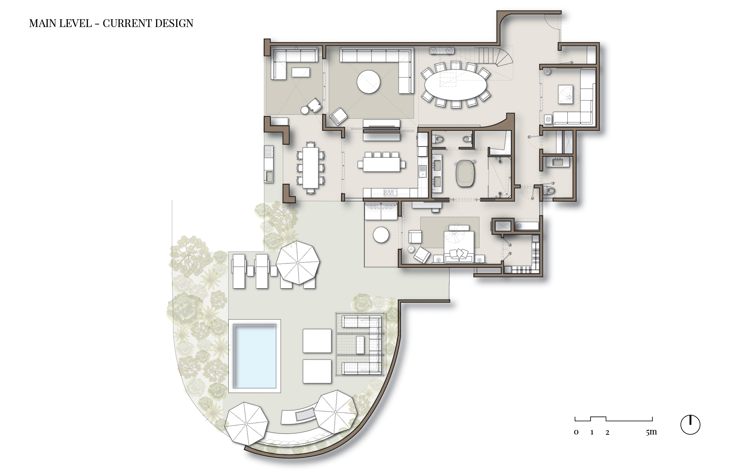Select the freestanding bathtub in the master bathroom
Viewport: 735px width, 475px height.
[x=465, y=173]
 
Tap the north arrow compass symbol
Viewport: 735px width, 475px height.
[x=690, y=425]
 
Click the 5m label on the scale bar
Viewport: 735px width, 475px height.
[x=651, y=432]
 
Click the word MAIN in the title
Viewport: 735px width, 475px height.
[x=43, y=23]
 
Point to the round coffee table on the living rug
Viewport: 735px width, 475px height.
[x=368, y=82]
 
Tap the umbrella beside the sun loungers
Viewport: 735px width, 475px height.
[x=298, y=262]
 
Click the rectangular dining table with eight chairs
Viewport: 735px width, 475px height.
[x=310, y=168]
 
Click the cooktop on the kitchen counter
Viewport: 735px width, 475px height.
[x=388, y=193]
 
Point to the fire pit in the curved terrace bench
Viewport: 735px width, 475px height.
[x=305, y=414]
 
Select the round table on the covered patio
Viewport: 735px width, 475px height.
[x=381, y=235]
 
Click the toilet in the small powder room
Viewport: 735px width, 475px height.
[x=549, y=190]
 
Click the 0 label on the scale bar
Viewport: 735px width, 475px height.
[x=576, y=432]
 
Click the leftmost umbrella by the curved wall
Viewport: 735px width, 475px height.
[x=246, y=423]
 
